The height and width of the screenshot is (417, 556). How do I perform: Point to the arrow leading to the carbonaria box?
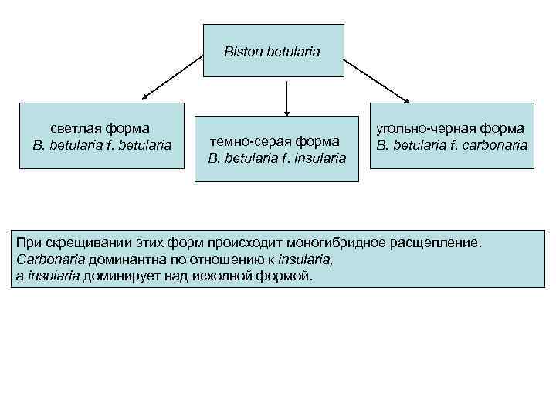click(x=376, y=80)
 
